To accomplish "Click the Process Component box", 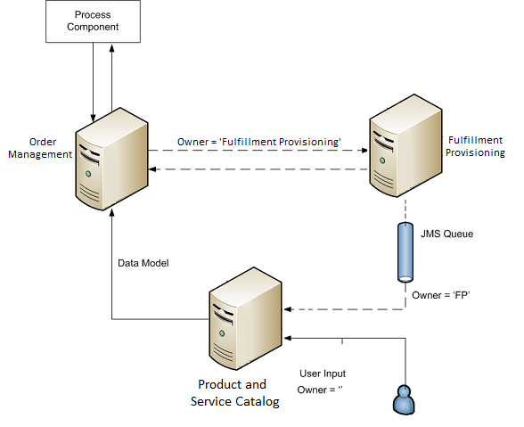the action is point(93,21).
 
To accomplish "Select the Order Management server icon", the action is point(111,160).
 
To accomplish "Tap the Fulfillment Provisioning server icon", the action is point(405,146).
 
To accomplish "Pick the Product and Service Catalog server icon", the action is point(245,318).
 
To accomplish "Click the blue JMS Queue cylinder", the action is point(405,252).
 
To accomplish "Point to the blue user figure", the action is point(404,400).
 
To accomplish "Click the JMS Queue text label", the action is point(446,234).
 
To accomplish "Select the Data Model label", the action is point(143,263).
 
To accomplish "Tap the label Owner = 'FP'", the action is point(441,295).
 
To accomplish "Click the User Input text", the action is point(323,374).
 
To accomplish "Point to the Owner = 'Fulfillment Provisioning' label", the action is point(259,142).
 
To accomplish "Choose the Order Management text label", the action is point(40,148).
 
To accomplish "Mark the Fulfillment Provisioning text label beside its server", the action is point(475,146).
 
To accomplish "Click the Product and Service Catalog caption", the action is point(235,393).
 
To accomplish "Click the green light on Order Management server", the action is point(88,174).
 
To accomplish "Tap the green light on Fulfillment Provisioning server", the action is point(382,160).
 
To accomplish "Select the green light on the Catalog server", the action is point(222,333).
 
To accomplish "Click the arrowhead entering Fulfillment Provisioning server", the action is point(365,151).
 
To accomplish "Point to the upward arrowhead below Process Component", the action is point(112,48).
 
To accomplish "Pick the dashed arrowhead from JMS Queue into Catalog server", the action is point(287,309).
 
